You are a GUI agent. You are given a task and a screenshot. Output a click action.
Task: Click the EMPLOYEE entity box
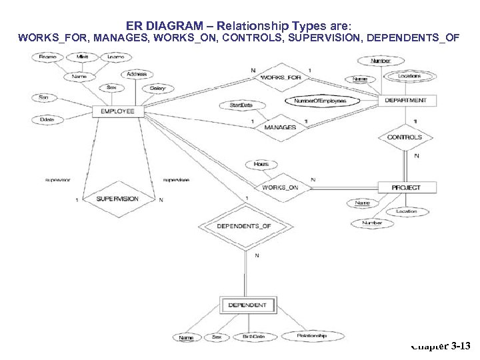[x=118, y=111]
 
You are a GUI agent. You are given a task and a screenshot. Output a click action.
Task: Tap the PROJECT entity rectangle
[x=406, y=187]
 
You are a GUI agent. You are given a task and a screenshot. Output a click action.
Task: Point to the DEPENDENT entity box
[x=247, y=305]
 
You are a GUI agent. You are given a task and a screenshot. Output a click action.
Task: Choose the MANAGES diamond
[x=280, y=127]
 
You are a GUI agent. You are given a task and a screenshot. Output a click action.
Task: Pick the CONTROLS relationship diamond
[x=405, y=137]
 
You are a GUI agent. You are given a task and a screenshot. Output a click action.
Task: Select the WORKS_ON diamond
[x=280, y=187]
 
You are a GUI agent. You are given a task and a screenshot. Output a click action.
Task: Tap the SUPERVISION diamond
[x=117, y=199]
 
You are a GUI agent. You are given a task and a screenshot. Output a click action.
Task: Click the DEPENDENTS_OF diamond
[x=244, y=226]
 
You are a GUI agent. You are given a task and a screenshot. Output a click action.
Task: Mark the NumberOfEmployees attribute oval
[x=322, y=101]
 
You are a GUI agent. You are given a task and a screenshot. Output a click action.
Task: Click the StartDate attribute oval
[x=241, y=105]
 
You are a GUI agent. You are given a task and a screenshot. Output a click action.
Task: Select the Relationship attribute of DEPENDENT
[x=311, y=337]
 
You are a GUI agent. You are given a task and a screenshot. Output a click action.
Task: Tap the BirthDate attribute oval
[x=253, y=337]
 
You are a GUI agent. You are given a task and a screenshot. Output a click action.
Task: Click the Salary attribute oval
[x=157, y=88]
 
